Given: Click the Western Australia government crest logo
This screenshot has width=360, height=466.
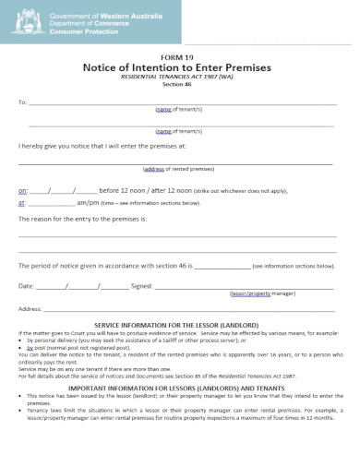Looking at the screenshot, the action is click(x=28, y=23).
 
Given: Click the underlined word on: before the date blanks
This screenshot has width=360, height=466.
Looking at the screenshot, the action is click(x=23, y=190).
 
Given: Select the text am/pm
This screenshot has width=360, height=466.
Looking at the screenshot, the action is click(x=88, y=202).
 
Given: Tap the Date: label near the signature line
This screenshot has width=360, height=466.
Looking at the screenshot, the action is click(x=27, y=286).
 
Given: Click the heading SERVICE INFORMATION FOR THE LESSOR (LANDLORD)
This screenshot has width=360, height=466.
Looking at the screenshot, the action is click(x=179, y=326).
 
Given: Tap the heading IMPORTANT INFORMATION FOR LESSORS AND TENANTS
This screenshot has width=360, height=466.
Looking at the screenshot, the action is click(x=179, y=388).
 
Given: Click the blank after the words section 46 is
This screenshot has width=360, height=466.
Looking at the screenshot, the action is click(x=222, y=265).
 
